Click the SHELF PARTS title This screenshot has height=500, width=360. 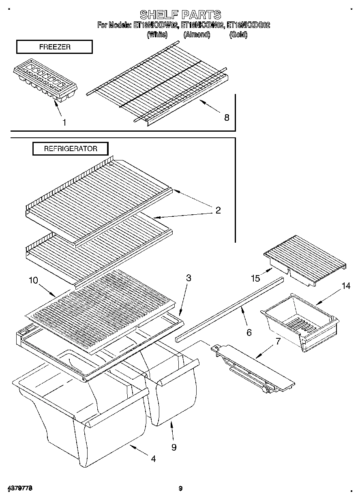(180, 15)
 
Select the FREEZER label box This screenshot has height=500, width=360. (54, 47)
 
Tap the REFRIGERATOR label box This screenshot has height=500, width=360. (71, 149)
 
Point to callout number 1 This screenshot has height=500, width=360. (64, 122)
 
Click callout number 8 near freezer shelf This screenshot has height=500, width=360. (226, 118)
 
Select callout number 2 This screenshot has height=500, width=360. (218, 210)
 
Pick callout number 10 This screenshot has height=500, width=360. (33, 280)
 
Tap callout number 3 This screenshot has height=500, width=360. (189, 278)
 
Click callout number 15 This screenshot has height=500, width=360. (255, 278)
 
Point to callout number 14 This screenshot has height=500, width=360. (345, 286)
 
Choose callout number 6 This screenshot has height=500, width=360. (249, 332)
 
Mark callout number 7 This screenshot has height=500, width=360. (278, 341)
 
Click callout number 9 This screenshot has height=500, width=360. (174, 447)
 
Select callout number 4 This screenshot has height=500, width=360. (153, 459)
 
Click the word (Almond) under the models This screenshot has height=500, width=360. (197, 35)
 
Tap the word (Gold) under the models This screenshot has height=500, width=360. (238, 35)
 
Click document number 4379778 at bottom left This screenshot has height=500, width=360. (19, 488)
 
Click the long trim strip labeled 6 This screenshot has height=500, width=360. (229, 308)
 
